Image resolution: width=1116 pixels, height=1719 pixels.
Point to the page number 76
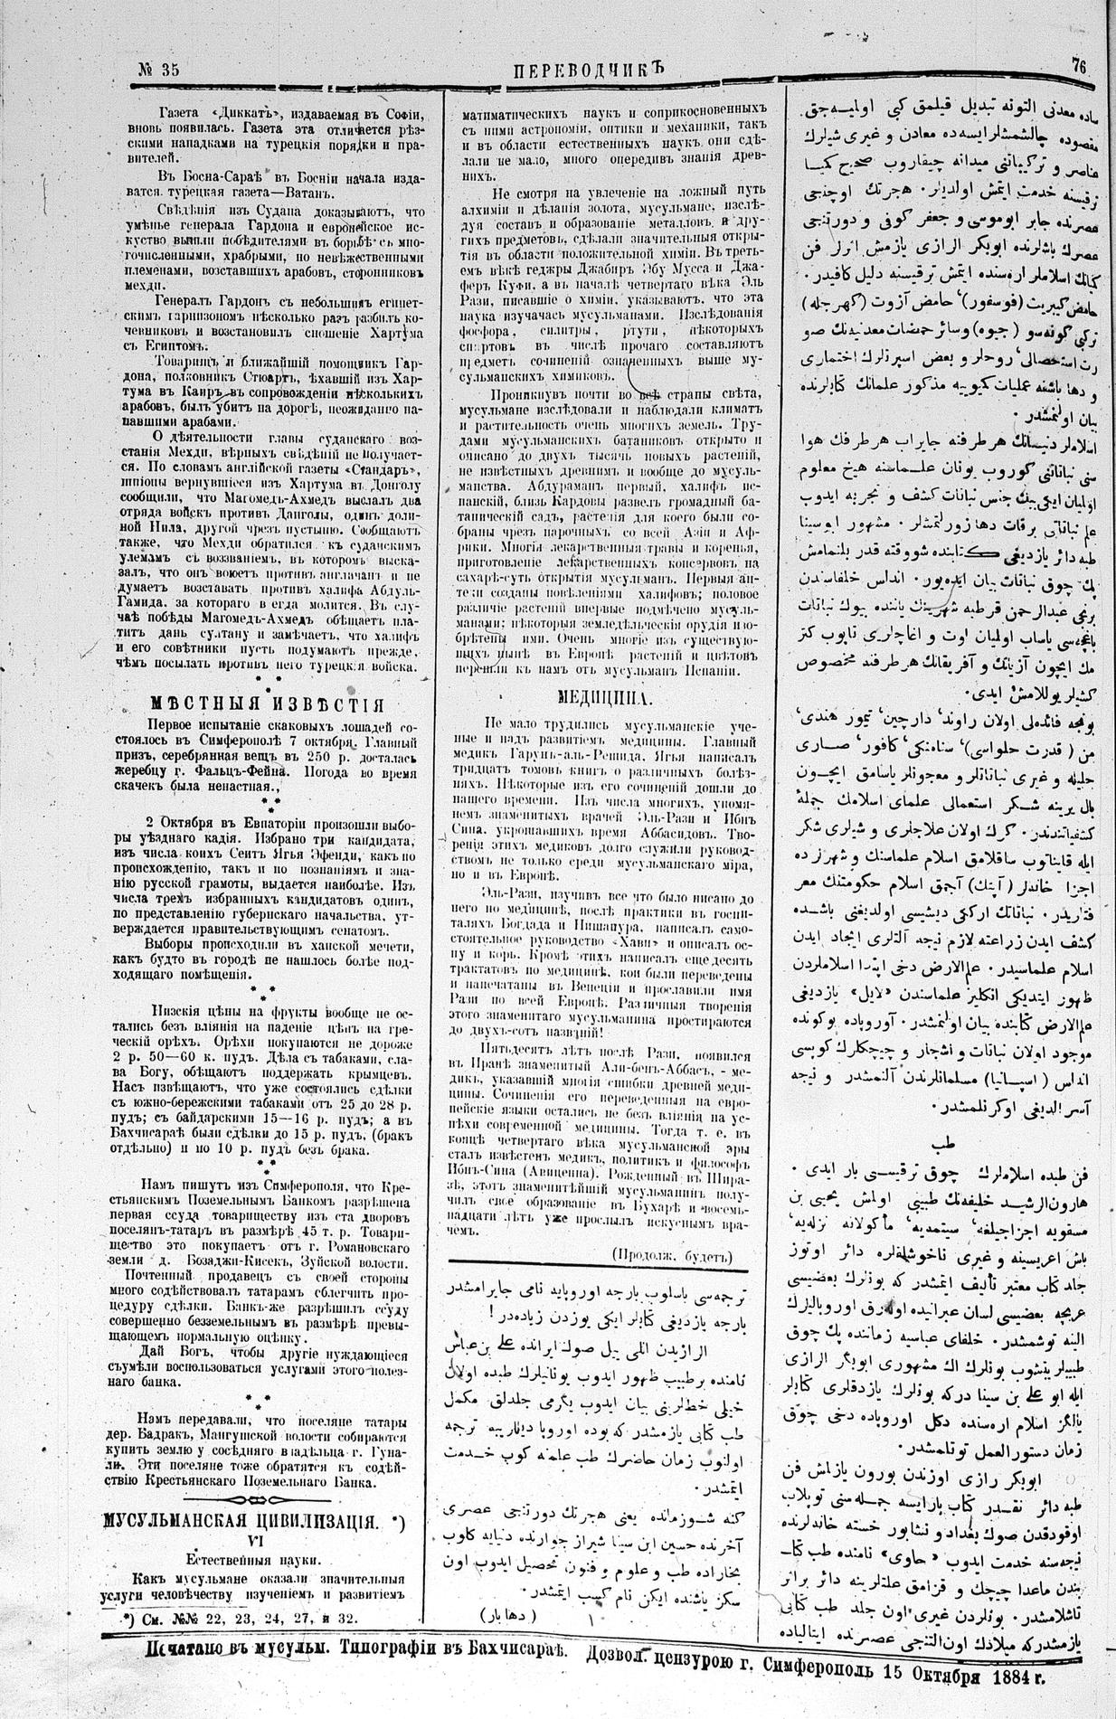pos(1080,65)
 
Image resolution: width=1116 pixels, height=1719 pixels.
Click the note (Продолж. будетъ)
pos(672,1254)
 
